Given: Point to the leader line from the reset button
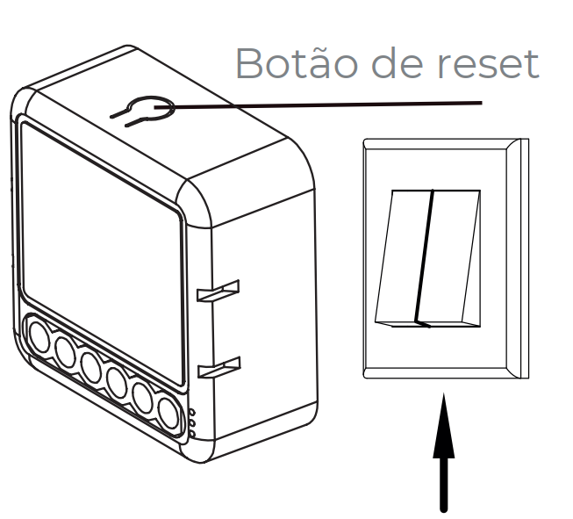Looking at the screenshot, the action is pyautogui.click(x=333, y=105).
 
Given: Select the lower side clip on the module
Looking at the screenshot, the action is pyautogui.click(x=218, y=367).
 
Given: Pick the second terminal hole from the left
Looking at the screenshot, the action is pyautogui.click(x=66, y=350).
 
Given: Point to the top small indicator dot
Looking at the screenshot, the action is pyautogui.click(x=191, y=410).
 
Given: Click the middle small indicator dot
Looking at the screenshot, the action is pyautogui.click(x=191, y=422).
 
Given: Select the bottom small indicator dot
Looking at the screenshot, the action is pyautogui.click(x=191, y=433).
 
